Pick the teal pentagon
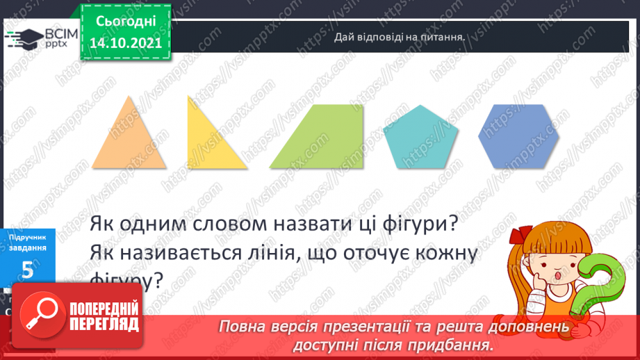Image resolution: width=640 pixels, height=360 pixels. point(416,139)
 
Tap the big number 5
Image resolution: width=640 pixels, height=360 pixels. point(28,271)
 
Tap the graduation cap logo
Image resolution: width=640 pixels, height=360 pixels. point(23,37)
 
